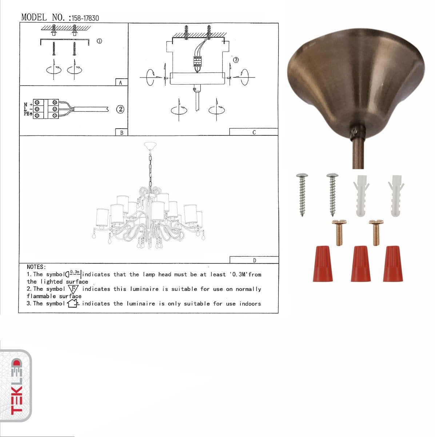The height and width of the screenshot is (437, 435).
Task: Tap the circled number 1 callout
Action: pos(99,41)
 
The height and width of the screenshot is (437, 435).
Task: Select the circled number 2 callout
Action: pos(120,109)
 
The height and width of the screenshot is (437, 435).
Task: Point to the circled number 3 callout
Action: pos(236,60)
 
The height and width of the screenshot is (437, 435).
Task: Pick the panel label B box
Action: pos(121,133)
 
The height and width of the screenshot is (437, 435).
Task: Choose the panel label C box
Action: pos(254,132)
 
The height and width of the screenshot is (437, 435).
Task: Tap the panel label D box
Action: pos(254,260)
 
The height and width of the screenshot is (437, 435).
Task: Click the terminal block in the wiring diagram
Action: pos(46,109)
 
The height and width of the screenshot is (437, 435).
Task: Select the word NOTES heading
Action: pos(36,267)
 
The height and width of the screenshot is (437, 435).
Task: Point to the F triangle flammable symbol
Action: pos(73,290)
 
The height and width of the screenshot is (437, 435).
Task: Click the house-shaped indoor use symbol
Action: pos(73,303)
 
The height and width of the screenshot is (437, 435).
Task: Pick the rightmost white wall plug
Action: pos(396,196)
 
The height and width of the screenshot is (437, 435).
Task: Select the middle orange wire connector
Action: pos(361,264)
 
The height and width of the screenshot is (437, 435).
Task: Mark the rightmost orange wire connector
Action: pos(393,264)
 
